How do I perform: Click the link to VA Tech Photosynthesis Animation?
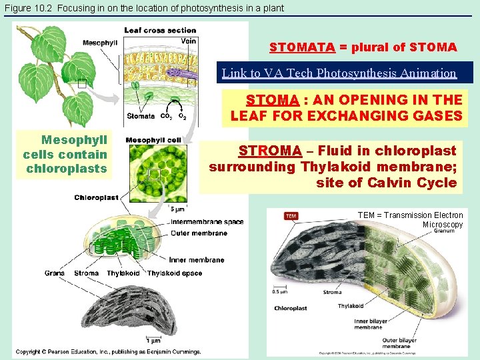point(339,73)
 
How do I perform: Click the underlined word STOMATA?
point(302,47)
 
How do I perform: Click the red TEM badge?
point(291,215)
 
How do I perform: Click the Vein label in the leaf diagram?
point(189,41)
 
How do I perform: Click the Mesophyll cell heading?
point(153,140)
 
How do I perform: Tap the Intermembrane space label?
point(207,222)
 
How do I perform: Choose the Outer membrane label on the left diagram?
point(199,233)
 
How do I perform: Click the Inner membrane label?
point(197,259)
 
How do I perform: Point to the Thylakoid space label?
point(175,273)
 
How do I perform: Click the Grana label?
point(55,273)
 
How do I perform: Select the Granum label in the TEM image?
point(444,232)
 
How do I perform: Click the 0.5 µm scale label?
point(279,291)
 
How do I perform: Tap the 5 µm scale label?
point(178,209)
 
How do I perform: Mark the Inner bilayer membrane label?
point(368,324)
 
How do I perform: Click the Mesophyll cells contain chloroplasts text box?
point(65,155)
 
